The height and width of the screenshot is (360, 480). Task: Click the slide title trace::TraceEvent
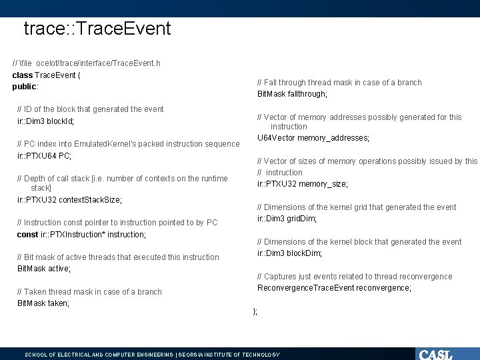point(97,29)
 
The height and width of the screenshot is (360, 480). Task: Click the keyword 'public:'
point(25,87)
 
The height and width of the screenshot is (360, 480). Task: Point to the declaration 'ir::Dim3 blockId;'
point(45,121)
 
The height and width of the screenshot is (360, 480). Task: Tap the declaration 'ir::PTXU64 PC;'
point(44,156)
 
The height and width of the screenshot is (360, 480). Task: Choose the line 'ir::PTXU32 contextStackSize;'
point(69,200)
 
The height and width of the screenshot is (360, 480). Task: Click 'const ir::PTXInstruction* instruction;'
point(81,235)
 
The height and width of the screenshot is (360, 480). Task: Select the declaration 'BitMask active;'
point(44,269)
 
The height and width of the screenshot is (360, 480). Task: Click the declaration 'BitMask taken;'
point(43,303)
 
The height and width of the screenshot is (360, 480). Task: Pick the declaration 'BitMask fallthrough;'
point(292,94)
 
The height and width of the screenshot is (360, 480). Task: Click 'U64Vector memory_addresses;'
point(313,138)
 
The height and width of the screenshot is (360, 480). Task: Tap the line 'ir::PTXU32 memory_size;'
point(302,184)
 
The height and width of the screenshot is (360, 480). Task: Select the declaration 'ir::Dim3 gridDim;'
point(287,219)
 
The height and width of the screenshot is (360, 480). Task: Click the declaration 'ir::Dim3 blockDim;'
point(289,253)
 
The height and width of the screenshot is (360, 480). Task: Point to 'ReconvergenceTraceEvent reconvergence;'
point(334,288)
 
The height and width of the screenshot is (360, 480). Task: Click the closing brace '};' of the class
point(255,311)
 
